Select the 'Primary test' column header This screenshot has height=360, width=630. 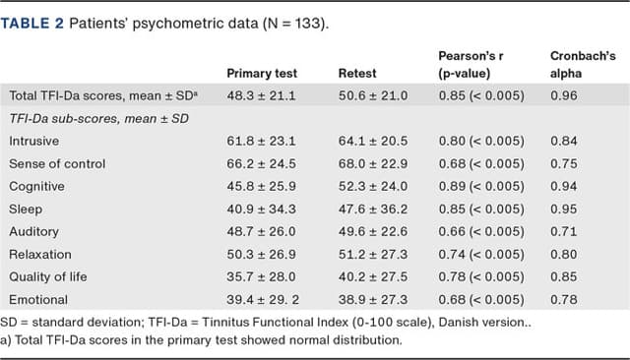[x=262, y=74]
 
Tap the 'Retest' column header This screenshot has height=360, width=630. [x=357, y=74]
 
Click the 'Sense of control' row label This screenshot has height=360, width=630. [x=57, y=164]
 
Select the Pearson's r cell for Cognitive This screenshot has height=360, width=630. [x=481, y=187]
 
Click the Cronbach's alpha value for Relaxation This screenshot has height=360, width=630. [x=562, y=255]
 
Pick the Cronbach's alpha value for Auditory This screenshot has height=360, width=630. [x=562, y=232]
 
